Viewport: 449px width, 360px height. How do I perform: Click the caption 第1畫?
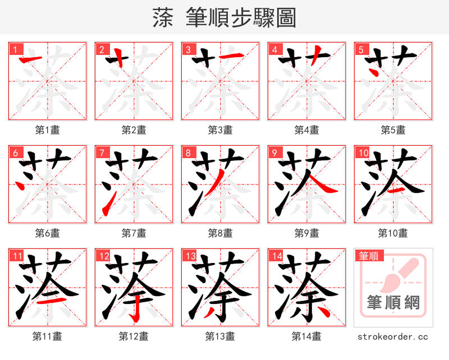[47, 130]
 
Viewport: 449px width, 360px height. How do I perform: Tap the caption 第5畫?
[393, 130]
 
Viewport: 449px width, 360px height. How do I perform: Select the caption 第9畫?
[306, 233]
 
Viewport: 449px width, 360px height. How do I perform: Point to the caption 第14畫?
[306, 336]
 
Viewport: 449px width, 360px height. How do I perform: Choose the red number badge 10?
[362, 153]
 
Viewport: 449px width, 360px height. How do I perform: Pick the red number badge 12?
[103, 256]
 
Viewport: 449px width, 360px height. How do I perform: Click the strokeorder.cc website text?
[393, 336]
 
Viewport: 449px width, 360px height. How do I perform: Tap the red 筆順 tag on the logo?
[368, 256]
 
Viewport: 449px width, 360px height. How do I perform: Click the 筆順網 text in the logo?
[393, 303]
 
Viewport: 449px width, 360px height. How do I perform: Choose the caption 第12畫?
[134, 336]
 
